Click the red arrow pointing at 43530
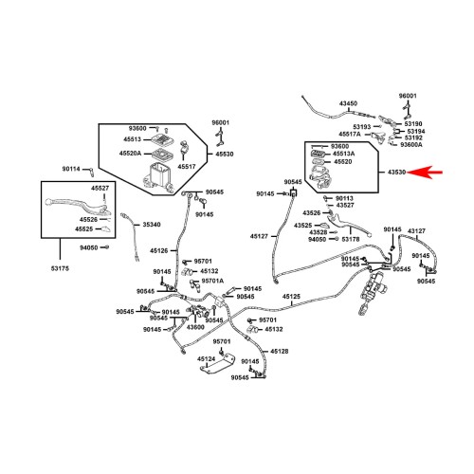point(425,173)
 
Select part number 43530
point(396,173)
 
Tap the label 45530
point(225,155)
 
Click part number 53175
point(60,268)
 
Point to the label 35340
point(152,225)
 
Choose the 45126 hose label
point(159,250)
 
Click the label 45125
point(291,297)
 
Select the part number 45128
point(280,352)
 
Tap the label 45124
point(207,359)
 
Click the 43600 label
point(195,327)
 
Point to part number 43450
point(349,103)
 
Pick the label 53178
point(351,239)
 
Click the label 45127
point(259,236)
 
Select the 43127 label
point(416,231)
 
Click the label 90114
point(71,169)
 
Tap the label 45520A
point(130,154)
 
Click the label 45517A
point(350,135)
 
